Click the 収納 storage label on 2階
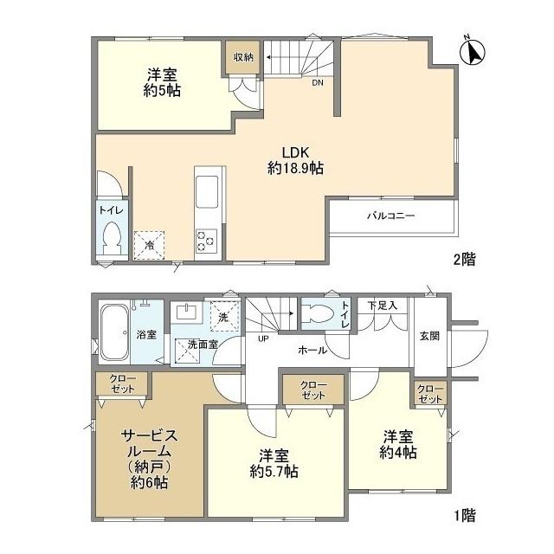[242, 58]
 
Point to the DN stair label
[318, 84]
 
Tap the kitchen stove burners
[206, 240]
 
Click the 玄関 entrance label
[429, 336]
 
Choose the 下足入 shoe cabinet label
[381, 306]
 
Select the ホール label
[312, 350]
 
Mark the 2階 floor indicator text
[463, 258]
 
